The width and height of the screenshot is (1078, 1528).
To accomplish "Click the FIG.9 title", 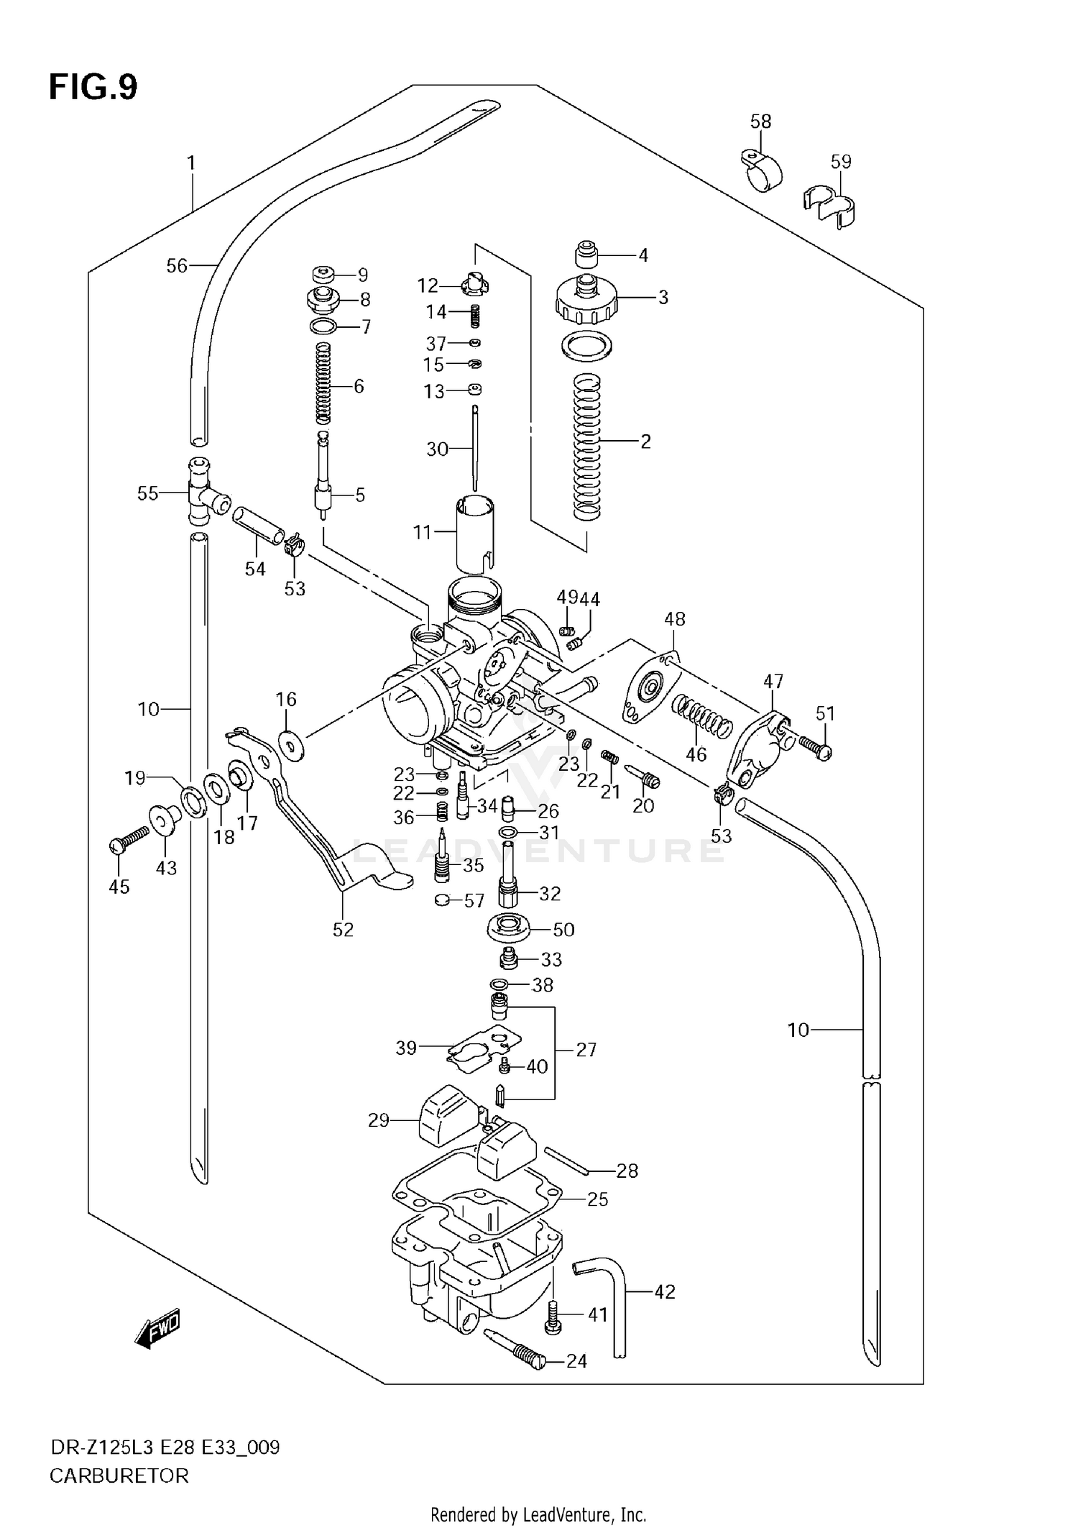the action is (93, 88).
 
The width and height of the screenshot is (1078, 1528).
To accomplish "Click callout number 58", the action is (760, 121).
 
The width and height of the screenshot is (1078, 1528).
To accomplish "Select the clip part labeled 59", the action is (832, 206).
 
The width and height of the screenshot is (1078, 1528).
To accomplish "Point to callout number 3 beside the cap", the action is (663, 297).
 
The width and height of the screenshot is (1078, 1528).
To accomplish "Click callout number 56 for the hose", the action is (177, 266).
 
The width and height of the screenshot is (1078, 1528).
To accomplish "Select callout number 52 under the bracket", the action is (343, 930).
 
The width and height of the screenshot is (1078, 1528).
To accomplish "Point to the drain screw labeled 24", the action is (516, 1350).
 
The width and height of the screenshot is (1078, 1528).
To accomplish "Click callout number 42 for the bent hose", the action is (665, 1292).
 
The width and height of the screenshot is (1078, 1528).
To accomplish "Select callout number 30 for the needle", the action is (437, 449).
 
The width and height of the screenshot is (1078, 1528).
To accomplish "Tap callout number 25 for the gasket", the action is (597, 1199).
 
